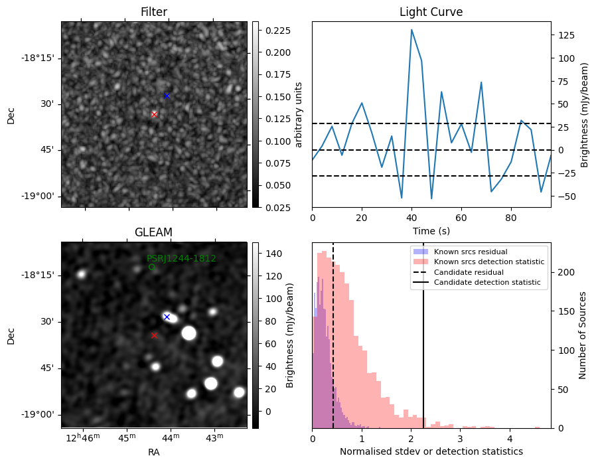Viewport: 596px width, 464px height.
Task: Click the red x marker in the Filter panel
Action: point(154,114)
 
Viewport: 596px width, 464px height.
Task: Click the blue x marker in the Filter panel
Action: point(167,96)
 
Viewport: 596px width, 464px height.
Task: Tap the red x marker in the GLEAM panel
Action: point(154,335)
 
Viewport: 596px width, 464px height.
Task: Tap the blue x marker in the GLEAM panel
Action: point(167,317)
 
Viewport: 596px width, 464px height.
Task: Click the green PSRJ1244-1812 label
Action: point(181,258)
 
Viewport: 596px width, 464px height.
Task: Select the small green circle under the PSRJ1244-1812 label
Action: point(151,267)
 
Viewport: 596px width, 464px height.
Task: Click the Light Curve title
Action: point(431,12)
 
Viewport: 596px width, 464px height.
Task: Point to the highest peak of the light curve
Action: point(411,30)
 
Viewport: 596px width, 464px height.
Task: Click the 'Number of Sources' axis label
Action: point(583,335)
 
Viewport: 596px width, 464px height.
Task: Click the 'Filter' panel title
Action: point(154,12)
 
